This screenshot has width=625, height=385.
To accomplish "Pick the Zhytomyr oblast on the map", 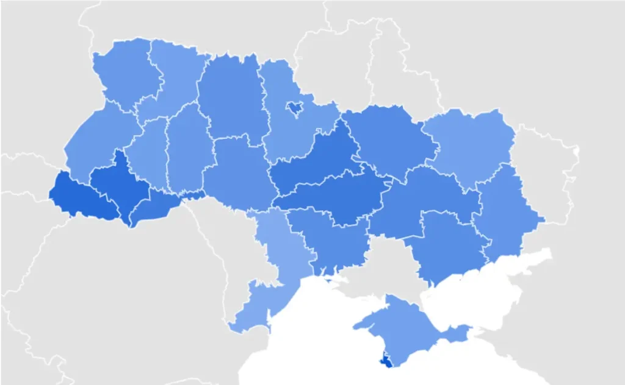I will coord(232,97).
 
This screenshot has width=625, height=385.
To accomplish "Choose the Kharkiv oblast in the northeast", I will coord(470,146).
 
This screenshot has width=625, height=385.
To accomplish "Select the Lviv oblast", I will coord(98,146).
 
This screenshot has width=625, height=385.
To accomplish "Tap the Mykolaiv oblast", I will coord(330,238).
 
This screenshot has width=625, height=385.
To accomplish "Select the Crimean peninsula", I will coord(409,323).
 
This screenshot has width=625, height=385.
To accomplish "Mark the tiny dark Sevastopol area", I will coord(386,362).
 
